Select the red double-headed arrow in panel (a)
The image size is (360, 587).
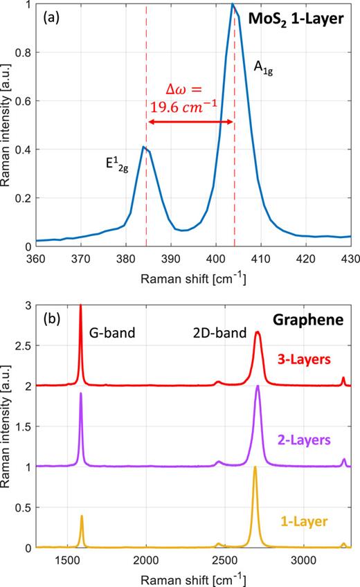click(x=190, y=123)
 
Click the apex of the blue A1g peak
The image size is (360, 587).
click(x=233, y=4)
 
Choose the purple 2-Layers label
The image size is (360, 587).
click(x=305, y=438)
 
